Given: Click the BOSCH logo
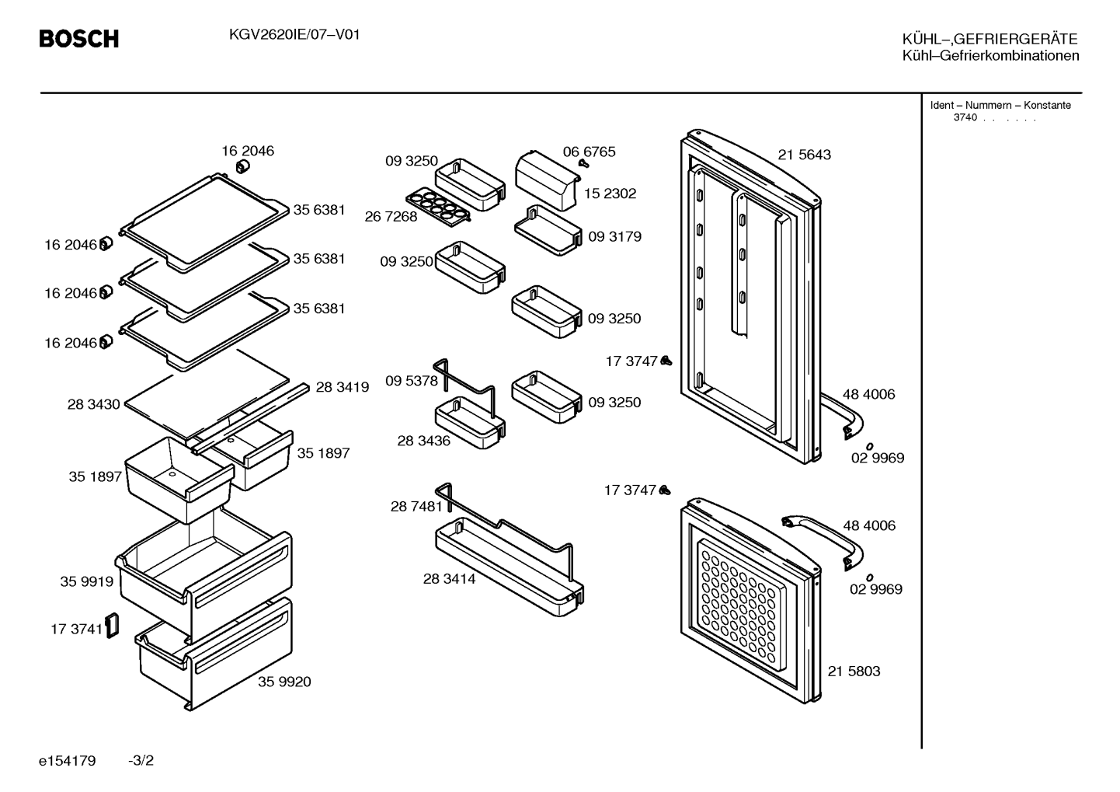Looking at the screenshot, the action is pyautogui.click(x=79, y=39).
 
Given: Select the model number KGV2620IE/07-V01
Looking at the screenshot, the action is pyautogui.click(x=294, y=34).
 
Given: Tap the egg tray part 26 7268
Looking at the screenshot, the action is pyautogui.click(x=438, y=207).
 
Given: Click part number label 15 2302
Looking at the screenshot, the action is pyautogui.click(x=610, y=194).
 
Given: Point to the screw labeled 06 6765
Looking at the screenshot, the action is pyautogui.click(x=583, y=163).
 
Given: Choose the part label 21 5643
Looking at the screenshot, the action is pyautogui.click(x=804, y=155).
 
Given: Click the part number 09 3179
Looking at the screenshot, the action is pyautogui.click(x=614, y=236).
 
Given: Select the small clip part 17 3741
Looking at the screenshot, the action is pyautogui.click(x=112, y=626).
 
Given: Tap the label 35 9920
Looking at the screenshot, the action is pyautogui.click(x=284, y=682).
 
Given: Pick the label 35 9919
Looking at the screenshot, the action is pyautogui.click(x=86, y=582).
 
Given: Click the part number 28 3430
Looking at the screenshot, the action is pyautogui.click(x=93, y=404).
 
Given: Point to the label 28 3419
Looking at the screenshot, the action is pyautogui.click(x=342, y=387).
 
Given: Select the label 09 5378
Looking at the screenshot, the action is pyautogui.click(x=411, y=382).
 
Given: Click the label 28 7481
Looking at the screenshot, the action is pyautogui.click(x=416, y=507).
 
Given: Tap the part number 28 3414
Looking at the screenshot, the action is pyautogui.click(x=449, y=579).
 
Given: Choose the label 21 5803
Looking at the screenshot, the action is pyautogui.click(x=854, y=672).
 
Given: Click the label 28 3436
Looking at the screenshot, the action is pyautogui.click(x=423, y=441).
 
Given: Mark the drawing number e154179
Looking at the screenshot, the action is pyautogui.click(x=67, y=761).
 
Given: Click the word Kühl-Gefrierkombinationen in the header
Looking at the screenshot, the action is pyautogui.click(x=990, y=55).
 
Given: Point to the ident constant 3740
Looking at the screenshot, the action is pyautogui.click(x=965, y=117).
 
